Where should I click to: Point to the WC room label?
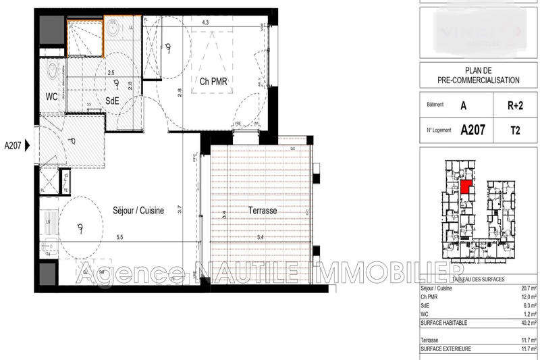pos(51,97)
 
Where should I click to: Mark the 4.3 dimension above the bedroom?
pos(205,23)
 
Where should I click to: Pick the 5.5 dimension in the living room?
pos(119,236)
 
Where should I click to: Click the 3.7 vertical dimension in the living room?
pos(180,209)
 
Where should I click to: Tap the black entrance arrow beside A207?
pos(28,145)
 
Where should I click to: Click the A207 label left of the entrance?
pos(13,145)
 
